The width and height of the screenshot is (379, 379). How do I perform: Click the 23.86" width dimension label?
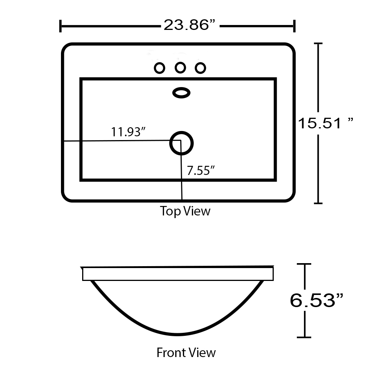(x=189, y=25)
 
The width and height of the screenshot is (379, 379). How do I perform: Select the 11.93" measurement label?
(x=128, y=132)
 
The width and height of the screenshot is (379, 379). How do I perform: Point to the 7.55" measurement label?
(x=201, y=170)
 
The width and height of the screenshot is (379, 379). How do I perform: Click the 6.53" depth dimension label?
(x=317, y=300)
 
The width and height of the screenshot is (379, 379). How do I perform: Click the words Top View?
(x=185, y=211)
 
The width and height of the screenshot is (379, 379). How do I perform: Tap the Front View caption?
(x=186, y=352)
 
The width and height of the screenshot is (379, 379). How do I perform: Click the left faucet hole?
(x=159, y=68)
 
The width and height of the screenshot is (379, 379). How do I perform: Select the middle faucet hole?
(x=180, y=68)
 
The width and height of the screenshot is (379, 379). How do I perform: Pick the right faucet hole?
(x=200, y=68)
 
